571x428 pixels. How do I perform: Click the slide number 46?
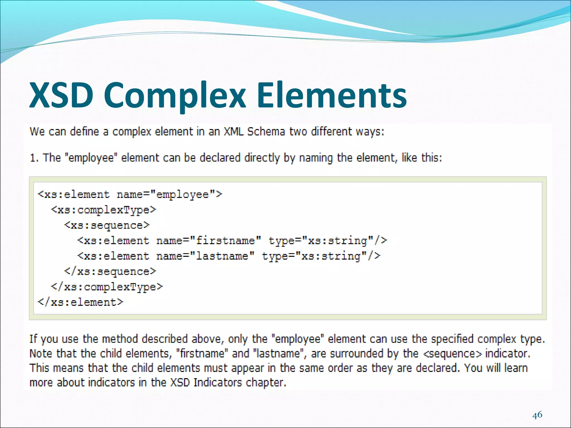537,415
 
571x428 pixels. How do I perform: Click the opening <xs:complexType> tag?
103,210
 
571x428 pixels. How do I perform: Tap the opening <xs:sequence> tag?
107,225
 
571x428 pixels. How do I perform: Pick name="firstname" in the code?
209,240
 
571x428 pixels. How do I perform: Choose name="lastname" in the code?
205,256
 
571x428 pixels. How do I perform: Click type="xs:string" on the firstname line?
325,240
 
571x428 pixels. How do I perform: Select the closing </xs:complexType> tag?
107,287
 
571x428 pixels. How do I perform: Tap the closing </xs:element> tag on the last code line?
81,302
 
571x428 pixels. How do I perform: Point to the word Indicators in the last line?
217,382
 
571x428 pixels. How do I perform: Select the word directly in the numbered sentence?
262,158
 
